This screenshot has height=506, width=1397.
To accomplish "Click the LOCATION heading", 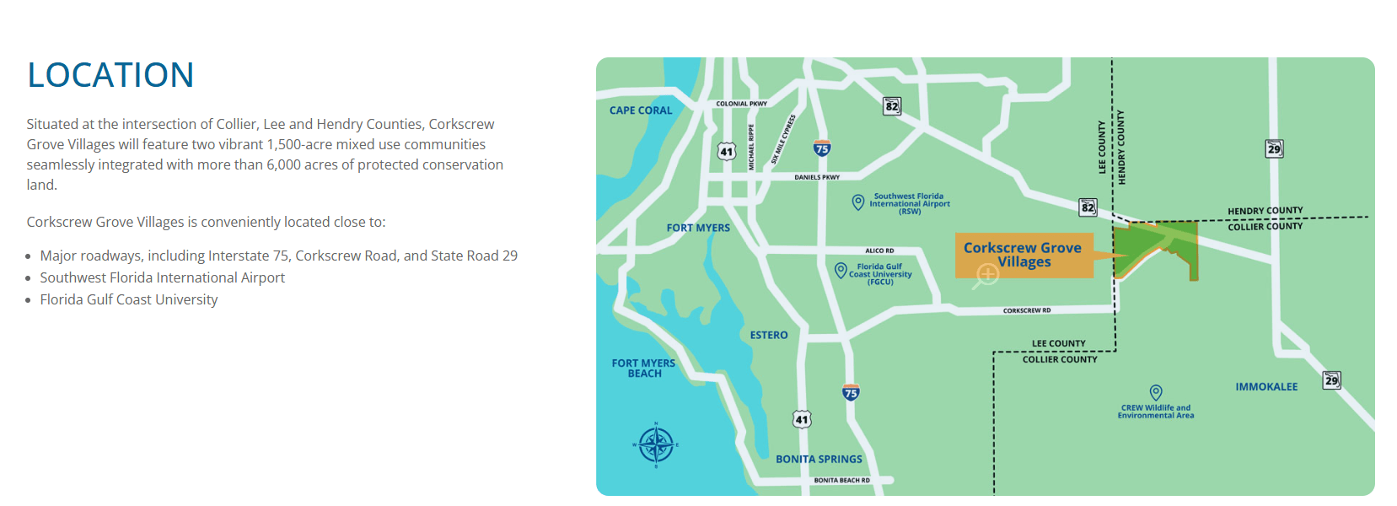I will coord(110,75).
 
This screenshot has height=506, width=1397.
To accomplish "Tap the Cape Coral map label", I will coord(641,110).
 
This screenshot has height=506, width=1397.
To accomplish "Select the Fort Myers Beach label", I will coord(643,369).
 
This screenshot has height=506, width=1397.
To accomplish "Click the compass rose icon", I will coord(656,444).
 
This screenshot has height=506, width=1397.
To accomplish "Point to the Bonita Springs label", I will coord(819,460).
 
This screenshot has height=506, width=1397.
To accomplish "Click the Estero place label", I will coord(769,336).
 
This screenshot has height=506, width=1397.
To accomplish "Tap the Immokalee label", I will coord(1266,387).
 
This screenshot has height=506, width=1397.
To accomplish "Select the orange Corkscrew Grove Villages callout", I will coord(1024,255).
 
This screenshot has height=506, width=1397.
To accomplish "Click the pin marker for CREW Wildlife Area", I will coord(1156,392).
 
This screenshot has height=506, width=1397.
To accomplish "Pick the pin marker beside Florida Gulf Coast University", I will coord(841,270).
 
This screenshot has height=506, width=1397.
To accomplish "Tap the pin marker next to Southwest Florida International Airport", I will coord(857,202).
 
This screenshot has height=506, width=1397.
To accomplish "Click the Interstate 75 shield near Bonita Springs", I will coord(851,393).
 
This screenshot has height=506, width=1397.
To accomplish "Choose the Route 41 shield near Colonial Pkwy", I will coord(727,152).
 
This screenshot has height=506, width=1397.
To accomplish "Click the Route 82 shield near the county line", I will coord(1088,207).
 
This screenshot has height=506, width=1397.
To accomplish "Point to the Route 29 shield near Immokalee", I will coord(1331,380).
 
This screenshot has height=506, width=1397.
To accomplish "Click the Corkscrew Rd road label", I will coord(1027,311).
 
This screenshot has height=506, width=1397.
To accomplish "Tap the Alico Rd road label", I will coord(879,250).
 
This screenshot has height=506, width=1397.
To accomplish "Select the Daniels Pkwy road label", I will coord(817,178).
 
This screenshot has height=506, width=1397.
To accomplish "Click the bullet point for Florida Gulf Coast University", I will coord(29,300).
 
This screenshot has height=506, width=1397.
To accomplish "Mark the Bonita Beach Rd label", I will coord(841,481).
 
